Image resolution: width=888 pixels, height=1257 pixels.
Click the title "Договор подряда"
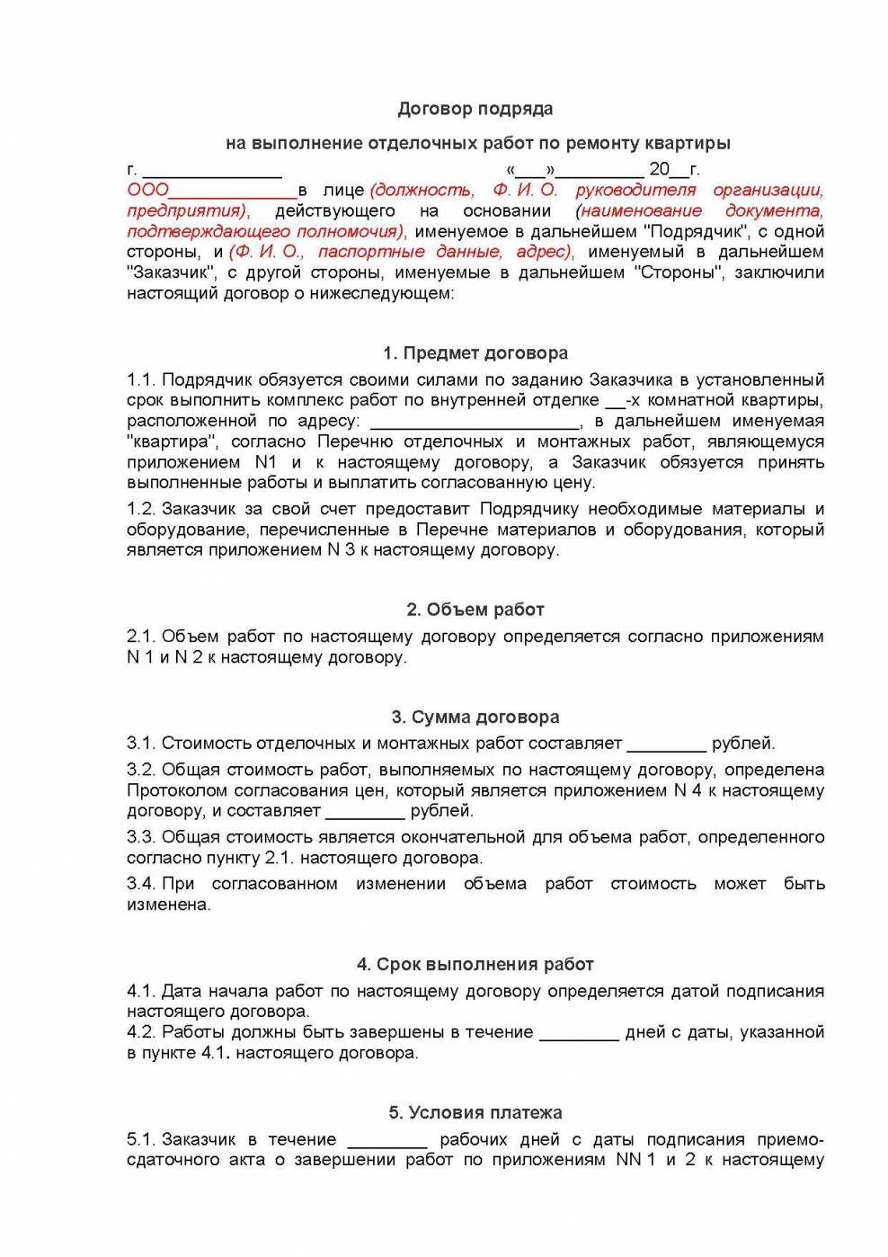point(475,109)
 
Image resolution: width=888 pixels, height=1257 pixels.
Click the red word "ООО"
point(147,190)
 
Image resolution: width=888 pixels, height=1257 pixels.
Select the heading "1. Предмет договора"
point(475,352)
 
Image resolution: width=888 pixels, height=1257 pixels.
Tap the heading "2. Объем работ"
point(475,609)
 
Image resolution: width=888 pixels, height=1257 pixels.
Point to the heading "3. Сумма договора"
point(475,717)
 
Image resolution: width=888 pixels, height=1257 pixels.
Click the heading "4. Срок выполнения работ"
point(475,964)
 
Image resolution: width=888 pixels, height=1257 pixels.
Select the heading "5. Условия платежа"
point(475,1112)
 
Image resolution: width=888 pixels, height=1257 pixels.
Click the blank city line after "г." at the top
point(212,171)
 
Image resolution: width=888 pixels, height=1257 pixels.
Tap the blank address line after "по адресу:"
point(475,423)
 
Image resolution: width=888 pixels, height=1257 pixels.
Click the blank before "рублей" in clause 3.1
point(666,745)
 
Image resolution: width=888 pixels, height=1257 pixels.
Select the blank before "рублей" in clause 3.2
point(365,813)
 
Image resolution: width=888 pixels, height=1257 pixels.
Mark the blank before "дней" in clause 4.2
point(579,1034)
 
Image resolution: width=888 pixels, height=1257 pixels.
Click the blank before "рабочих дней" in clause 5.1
point(387,1142)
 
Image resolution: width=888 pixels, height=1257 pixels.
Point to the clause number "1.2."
point(141,509)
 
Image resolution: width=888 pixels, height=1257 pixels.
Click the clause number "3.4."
point(141,884)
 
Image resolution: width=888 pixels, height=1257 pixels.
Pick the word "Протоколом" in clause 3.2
point(177,790)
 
